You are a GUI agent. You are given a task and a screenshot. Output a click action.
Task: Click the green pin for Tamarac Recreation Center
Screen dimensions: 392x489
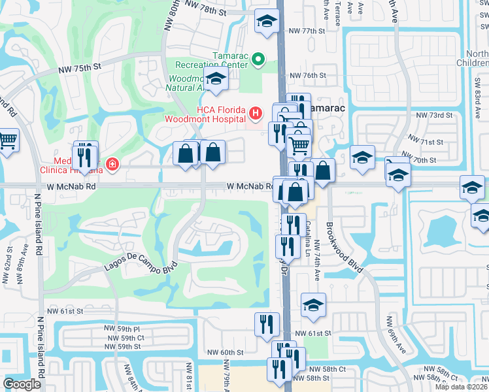pyautogui.click(x=258, y=59)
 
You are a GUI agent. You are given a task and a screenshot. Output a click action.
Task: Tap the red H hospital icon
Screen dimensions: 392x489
pyautogui.click(x=256, y=114)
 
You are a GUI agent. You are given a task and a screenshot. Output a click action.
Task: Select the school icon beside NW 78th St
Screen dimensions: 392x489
pyautogui.click(x=266, y=22)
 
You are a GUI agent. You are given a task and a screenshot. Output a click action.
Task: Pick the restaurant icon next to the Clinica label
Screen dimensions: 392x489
pyautogui.click(x=84, y=157)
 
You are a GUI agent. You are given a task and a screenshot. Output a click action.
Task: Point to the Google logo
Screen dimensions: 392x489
pyautogui.click(x=22, y=384)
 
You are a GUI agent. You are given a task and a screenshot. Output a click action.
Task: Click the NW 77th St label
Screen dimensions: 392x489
pyautogui.click(x=307, y=31)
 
